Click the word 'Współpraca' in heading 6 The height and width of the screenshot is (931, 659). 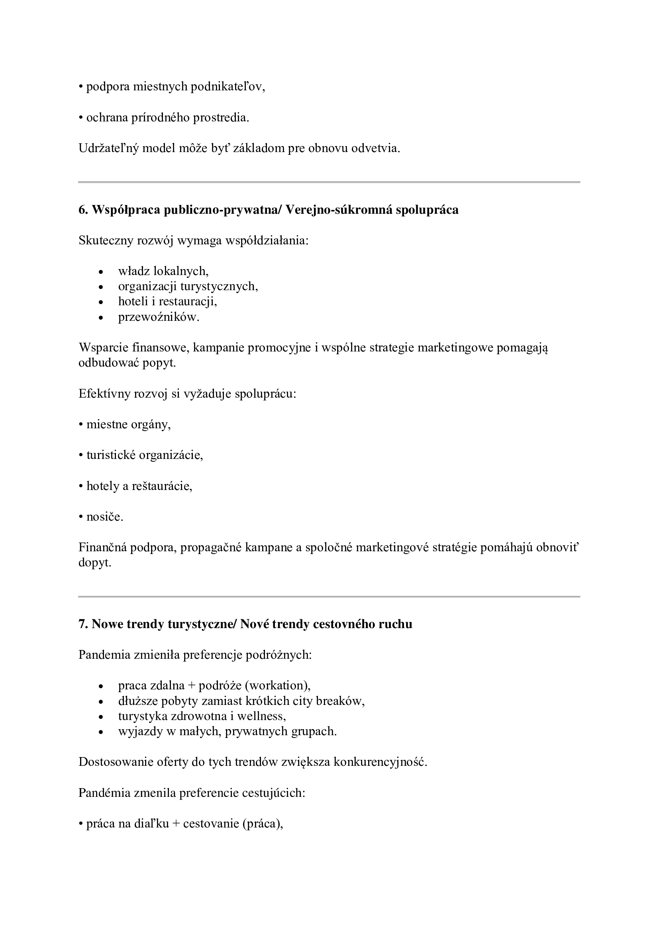[x=126, y=210]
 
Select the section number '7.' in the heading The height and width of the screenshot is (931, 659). [x=83, y=624]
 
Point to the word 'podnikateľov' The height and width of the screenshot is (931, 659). [x=227, y=87]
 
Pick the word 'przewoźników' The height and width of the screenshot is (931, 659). [x=158, y=317]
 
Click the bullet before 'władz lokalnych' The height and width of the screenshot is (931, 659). [x=102, y=272]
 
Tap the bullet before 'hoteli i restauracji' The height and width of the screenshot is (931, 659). [x=102, y=303]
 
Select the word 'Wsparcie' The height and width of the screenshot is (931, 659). [x=103, y=347]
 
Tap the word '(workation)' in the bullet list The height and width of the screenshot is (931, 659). [x=278, y=686]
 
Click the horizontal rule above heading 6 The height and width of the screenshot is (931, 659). [x=329, y=182]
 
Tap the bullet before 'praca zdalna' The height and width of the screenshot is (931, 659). [x=102, y=687]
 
